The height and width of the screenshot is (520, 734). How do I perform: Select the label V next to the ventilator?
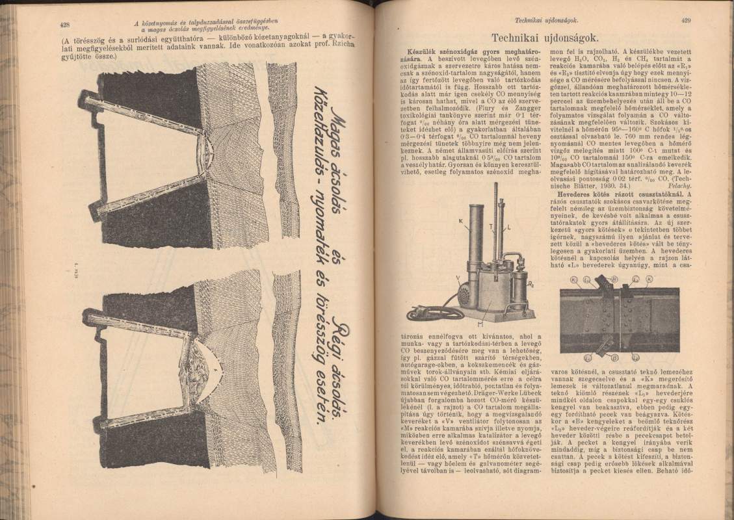(x=439, y=278)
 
